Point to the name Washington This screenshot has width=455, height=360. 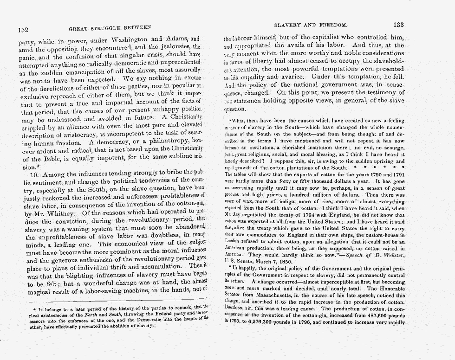(135, 39)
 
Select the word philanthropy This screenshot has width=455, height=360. (164, 142)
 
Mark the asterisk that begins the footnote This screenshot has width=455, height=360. (30, 308)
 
